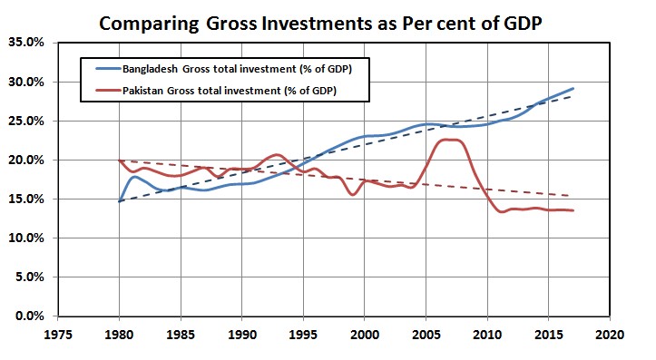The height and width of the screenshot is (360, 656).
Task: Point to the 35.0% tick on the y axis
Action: (x=32, y=43)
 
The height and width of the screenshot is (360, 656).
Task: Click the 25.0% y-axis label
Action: (x=32, y=121)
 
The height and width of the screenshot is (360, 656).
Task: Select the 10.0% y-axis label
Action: (x=32, y=238)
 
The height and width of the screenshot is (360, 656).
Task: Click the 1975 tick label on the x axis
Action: (x=59, y=334)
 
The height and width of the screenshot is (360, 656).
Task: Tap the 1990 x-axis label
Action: (x=242, y=334)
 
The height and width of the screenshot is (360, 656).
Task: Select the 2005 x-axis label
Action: (x=426, y=334)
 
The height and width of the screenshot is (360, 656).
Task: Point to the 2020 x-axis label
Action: (x=609, y=334)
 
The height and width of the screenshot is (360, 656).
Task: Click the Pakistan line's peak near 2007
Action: (x=446, y=140)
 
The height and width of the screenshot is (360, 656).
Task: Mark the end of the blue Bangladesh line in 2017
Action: (x=573, y=89)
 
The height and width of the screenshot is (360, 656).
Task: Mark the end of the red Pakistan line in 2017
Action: (x=573, y=210)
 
